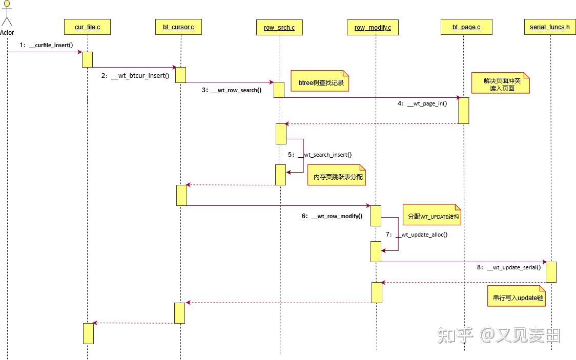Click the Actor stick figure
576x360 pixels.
(7, 14)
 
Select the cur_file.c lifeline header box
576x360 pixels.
(87, 27)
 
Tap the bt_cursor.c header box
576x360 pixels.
(178, 27)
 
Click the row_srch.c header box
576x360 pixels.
(279, 27)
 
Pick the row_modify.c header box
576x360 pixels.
(373, 27)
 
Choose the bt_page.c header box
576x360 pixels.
(466, 27)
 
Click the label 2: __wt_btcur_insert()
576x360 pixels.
(135, 76)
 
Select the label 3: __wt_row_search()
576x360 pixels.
(232, 90)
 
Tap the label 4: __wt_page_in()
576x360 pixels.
(422, 103)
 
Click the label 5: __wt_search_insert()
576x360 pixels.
(320, 154)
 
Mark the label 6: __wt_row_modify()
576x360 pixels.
(332, 216)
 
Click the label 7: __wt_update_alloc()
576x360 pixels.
(417, 235)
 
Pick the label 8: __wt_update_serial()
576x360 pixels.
(509, 267)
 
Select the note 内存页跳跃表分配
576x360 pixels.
(336, 177)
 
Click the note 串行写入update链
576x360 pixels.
(516, 297)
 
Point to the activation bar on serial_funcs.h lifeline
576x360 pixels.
(551, 271)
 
